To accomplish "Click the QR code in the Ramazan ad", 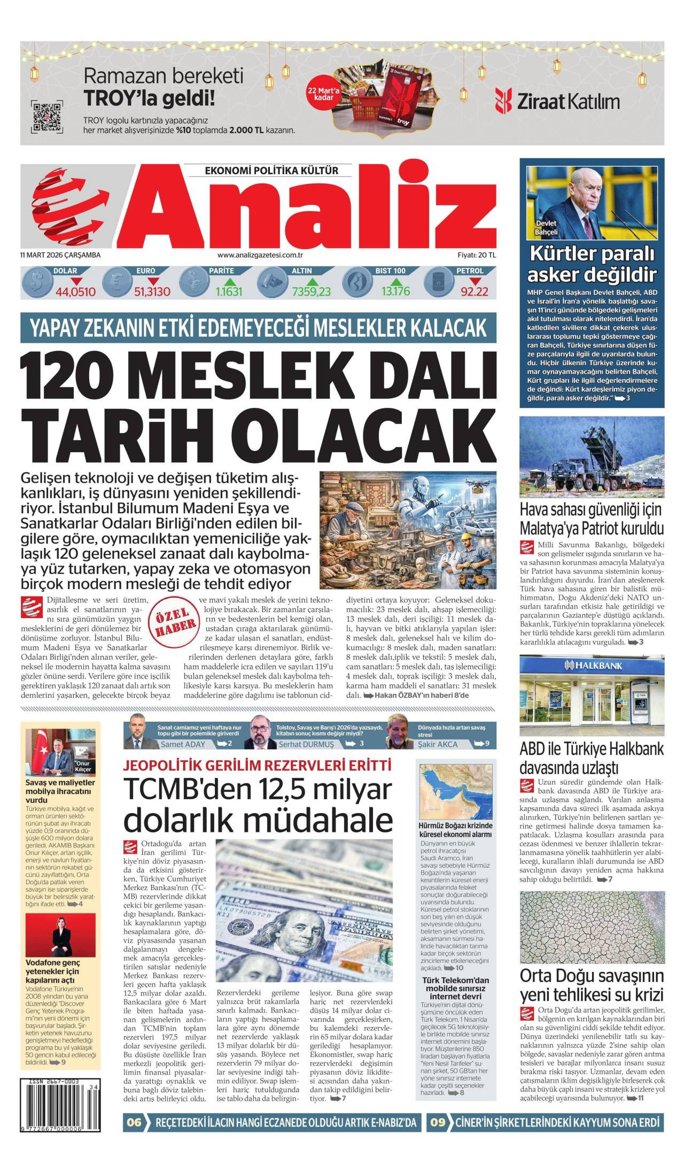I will [47, 116].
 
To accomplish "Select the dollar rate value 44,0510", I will [75, 292].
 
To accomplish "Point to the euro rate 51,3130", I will [152, 292].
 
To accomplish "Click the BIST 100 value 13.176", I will [395, 292].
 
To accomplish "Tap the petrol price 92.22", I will [475, 292].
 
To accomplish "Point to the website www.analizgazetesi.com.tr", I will [260, 255].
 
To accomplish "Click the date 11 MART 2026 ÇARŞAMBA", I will [60, 255].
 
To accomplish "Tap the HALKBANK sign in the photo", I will [592, 666].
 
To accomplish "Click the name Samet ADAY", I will [183, 744].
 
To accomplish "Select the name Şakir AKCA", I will [438, 744].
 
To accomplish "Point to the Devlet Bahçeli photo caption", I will [546, 228].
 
